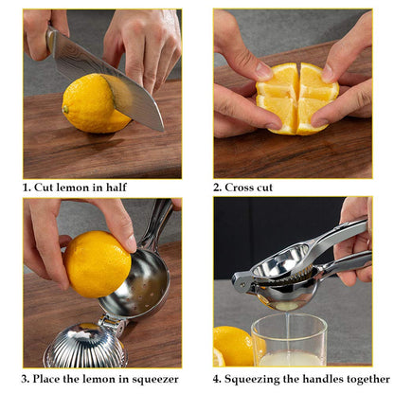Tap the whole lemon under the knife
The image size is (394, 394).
[x=91, y=103]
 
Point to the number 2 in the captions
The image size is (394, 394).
[x=217, y=188]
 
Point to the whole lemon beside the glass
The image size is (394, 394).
[x=233, y=345]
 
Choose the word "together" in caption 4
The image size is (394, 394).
[x=369, y=380]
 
